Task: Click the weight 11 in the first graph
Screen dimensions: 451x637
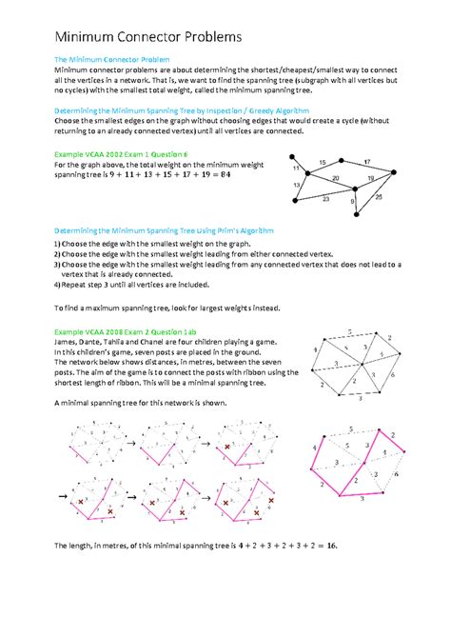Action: coord(297,167)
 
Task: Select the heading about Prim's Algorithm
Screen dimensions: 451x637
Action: coord(164,230)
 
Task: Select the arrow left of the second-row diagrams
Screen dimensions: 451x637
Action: coord(64,496)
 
